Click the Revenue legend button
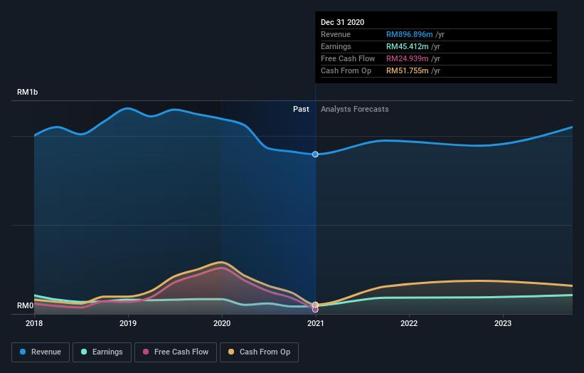pyautogui.click(x=41, y=352)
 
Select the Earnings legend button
pyautogui.click(x=102, y=352)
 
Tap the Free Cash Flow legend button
pyautogui.click(x=176, y=352)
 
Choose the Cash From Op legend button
pyautogui.click(x=260, y=352)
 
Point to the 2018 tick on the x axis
pyautogui.click(x=35, y=323)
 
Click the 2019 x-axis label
pyautogui.click(x=128, y=323)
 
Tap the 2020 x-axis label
pyautogui.click(x=222, y=323)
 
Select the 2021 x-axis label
pyautogui.click(x=315, y=323)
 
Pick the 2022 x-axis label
pyautogui.click(x=409, y=323)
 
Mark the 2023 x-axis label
pyautogui.click(x=502, y=323)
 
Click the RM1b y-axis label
pyautogui.click(x=28, y=93)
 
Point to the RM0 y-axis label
pyautogui.click(x=26, y=306)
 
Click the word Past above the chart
pyautogui.click(x=301, y=109)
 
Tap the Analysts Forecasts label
pyautogui.click(x=354, y=109)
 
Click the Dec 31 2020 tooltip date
pyautogui.click(x=342, y=22)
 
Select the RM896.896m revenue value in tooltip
pyautogui.click(x=409, y=34)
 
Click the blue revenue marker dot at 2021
pyautogui.click(x=315, y=154)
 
